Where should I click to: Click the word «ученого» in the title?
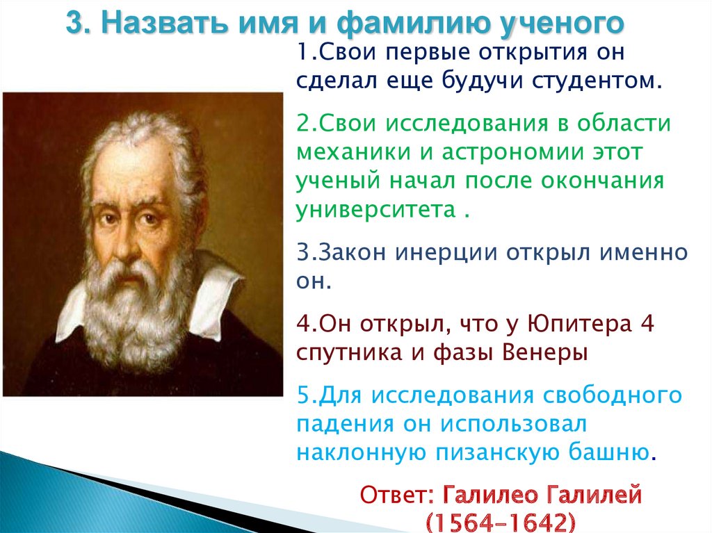point(562,23)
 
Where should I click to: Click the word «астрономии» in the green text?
point(512,153)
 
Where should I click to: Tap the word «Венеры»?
point(544,353)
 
